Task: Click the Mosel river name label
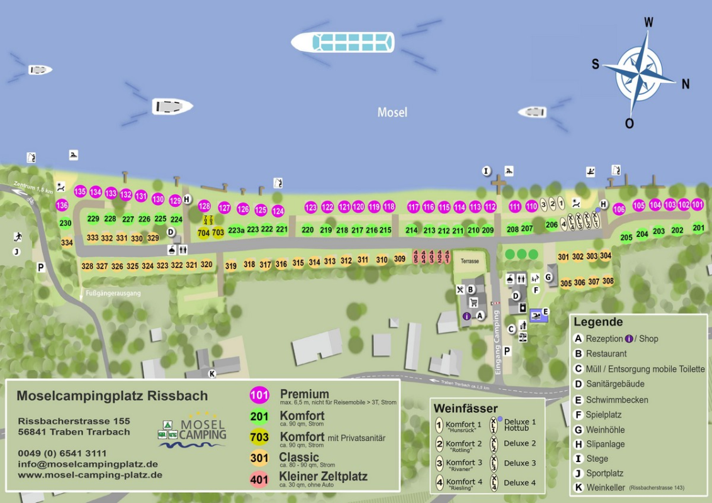pyautogui.click(x=392, y=113)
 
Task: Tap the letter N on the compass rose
pyautogui.click(x=686, y=84)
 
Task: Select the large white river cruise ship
pyautogui.click(x=342, y=42)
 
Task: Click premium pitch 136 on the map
pyautogui.click(x=62, y=205)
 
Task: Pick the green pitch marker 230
pyautogui.click(x=65, y=223)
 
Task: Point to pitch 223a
pyautogui.click(x=236, y=230)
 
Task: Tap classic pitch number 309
pyautogui.click(x=400, y=259)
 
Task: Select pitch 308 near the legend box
pyautogui.click(x=607, y=281)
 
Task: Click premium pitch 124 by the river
pyautogui.click(x=278, y=211)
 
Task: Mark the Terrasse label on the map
pyautogui.click(x=470, y=261)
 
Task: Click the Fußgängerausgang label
pyautogui.click(x=113, y=293)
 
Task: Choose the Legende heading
pyautogui.click(x=597, y=322)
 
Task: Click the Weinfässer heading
pyautogui.click(x=465, y=409)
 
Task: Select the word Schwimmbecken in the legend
pyautogui.click(x=616, y=400)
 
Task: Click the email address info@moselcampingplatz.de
pyautogui.click(x=79, y=464)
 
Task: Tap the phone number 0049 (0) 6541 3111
pyautogui.click(x=62, y=453)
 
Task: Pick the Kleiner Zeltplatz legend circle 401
pyautogui.click(x=259, y=480)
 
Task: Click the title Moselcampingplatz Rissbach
pyautogui.click(x=112, y=396)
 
